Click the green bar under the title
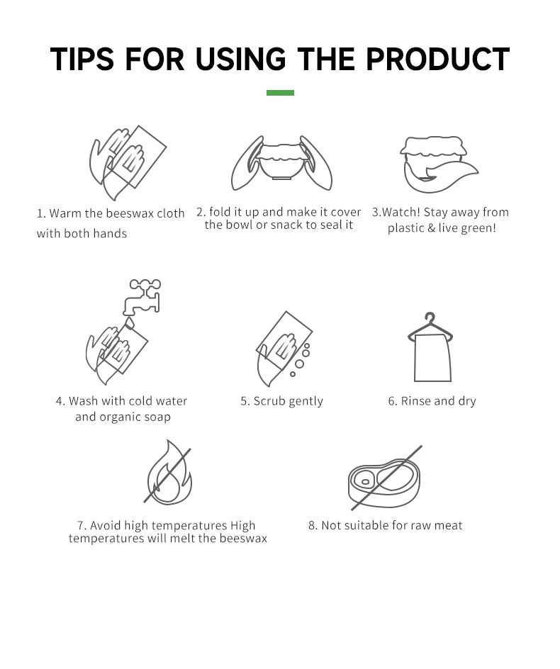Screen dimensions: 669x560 (280, 93)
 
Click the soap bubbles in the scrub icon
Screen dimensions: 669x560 (302, 358)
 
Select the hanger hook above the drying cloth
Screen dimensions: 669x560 (430, 320)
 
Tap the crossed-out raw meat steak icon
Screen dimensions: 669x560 (383, 478)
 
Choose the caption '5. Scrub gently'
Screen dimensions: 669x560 (281, 401)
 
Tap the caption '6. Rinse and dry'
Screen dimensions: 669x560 (432, 401)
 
